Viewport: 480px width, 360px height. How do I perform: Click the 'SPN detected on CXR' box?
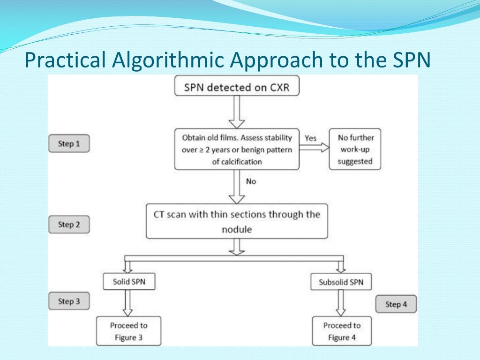coord(237,87)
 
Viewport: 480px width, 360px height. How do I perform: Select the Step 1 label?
coord(69,143)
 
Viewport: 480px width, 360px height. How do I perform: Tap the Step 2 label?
coord(69,225)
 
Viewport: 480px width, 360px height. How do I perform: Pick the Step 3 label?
coord(69,301)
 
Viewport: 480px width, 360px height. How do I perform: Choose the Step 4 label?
coord(396,304)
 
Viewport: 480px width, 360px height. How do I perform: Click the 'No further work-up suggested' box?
coord(355,150)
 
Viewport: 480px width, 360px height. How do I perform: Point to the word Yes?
coord(310,138)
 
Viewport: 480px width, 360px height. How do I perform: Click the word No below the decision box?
coord(251,181)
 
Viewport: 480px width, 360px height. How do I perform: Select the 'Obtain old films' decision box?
coord(237,150)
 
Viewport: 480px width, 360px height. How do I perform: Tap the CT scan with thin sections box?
coord(237,221)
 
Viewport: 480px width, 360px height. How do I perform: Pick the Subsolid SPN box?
coord(341,282)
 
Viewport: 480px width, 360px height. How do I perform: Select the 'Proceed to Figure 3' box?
coord(128,331)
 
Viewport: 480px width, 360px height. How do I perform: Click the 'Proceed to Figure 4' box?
coord(342,331)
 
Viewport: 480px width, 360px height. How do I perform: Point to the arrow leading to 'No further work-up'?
coord(314,147)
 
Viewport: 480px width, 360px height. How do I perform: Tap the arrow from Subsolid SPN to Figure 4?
coord(341,303)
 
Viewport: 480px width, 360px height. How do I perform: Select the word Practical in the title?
coord(65,60)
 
